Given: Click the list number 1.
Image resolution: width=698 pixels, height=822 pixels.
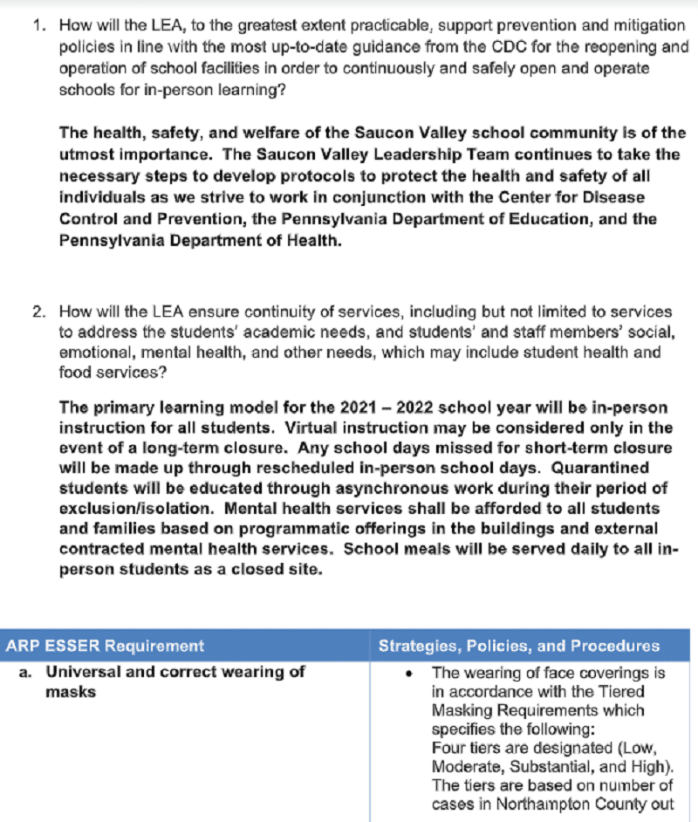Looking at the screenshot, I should coord(38,26).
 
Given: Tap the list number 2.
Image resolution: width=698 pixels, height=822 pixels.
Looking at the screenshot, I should coord(38,311).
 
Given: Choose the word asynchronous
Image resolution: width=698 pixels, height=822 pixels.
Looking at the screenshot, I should coord(357,489).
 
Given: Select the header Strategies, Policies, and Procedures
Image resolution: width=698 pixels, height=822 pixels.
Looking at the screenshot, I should coord(518,647).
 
